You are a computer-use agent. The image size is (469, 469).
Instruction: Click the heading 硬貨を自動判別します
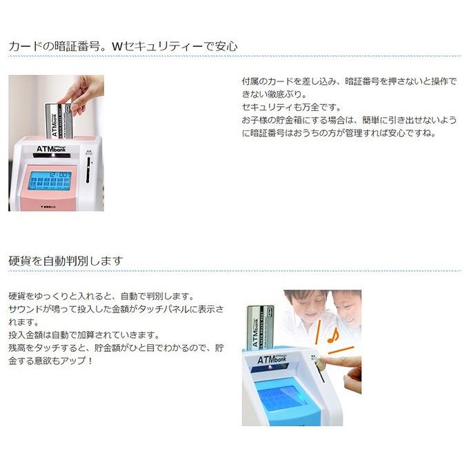(66, 261)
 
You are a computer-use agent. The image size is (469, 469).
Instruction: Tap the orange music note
(332, 337)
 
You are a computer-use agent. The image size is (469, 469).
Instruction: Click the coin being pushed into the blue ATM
(319, 361)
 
